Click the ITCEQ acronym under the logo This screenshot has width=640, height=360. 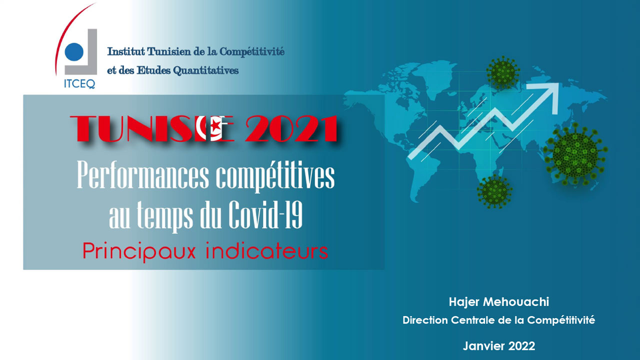(79, 83)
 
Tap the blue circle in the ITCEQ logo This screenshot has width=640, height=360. (74, 51)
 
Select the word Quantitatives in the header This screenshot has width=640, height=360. (206, 70)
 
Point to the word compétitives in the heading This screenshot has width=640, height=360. (275, 176)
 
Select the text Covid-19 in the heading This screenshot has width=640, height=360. (265, 214)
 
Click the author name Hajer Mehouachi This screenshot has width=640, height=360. (499, 302)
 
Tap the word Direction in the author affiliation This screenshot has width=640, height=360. (424, 320)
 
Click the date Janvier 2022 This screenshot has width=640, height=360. (499, 346)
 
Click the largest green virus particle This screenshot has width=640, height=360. (575, 154)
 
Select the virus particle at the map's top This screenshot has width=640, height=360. (503, 72)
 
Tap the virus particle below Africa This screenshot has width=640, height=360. (494, 191)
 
